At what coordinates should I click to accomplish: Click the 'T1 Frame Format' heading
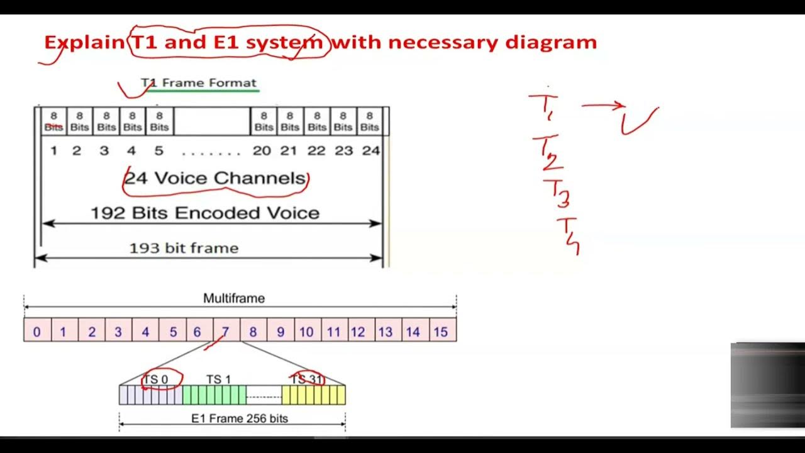(199, 83)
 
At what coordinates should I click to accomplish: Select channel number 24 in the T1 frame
(371, 151)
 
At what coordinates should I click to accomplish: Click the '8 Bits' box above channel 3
(106, 121)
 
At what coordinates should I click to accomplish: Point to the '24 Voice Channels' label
(216, 179)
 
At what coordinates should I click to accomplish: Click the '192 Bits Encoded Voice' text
(205, 213)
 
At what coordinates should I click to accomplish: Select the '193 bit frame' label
(184, 249)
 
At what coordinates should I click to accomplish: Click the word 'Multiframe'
(234, 299)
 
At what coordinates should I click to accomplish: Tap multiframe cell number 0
(37, 331)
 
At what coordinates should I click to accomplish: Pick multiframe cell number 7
(226, 331)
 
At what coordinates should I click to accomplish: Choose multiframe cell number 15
(441, 331)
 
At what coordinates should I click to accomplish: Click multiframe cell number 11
(333, 331)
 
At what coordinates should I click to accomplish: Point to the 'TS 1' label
(218, 379)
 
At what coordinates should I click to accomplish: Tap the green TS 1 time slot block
(214, 395)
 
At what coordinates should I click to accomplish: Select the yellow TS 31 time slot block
(313, 395)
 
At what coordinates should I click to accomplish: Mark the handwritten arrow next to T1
(602, 106)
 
